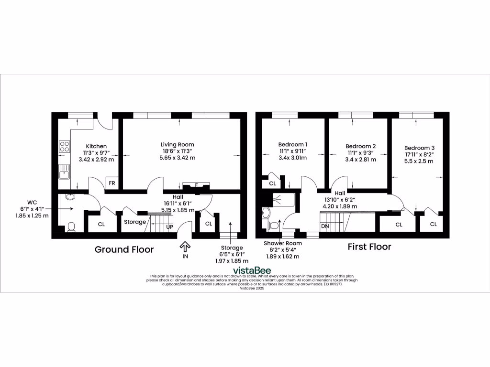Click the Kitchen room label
coord(96,146)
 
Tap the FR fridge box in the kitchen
coord(111,183)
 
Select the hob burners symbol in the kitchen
coord(64,147)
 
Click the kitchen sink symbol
coord(64,171)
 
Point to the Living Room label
coord(177,144)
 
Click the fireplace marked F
coord(197,185)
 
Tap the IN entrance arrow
coord(185,247)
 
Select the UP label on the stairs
coord(169,227)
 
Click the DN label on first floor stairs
coord(325,226)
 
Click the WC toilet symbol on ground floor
coord(71,227)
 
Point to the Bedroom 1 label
coord(292,144)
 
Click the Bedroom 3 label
coord(419,148)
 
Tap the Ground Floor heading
coord(124,249)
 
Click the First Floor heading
coord(369,247)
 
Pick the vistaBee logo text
coord(245,270)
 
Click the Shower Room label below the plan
coord(283,243)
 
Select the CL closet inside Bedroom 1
coord(272,183)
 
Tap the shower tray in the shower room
coord(282,199)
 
